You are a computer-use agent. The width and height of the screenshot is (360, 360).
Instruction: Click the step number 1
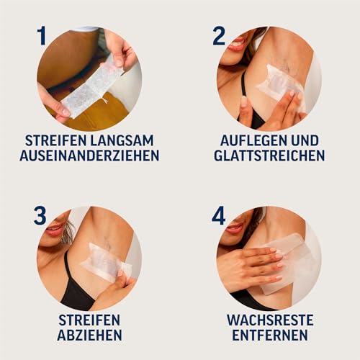(41, 36)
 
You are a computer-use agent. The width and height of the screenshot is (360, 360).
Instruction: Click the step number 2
(219, 36)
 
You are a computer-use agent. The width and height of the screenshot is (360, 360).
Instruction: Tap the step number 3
(41, 215)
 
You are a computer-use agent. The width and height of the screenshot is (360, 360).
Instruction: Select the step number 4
(219, 215)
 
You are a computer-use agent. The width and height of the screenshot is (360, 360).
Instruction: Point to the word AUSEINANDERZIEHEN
(90, 156)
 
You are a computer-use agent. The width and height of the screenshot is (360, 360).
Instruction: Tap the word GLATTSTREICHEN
(269, 156)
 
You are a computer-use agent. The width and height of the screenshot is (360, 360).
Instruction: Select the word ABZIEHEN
(90, 335)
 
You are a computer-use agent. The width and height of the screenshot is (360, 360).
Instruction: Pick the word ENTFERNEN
(269, 335)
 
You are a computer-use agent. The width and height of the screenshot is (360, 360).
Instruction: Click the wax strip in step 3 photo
(106, 261)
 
